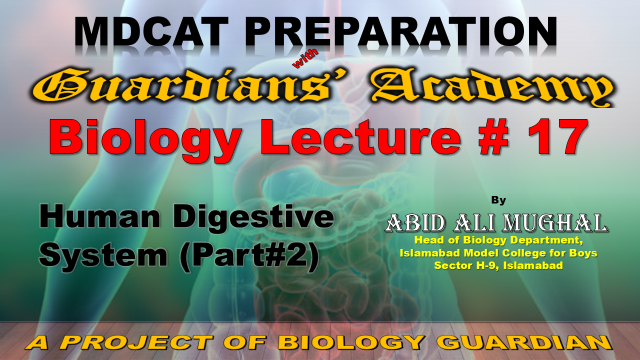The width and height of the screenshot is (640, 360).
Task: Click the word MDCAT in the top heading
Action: [151, 31]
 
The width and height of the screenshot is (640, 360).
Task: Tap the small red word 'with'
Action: [305, 59]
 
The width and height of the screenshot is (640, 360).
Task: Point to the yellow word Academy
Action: [493, 87]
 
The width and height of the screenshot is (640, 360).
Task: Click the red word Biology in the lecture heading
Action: [145, 138]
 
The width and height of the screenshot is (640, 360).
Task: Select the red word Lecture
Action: [361, 136]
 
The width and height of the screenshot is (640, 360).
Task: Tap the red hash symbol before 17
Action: [493, 137]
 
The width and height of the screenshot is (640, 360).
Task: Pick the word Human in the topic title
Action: [100, 216]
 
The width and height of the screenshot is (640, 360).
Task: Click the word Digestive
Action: [253, 216]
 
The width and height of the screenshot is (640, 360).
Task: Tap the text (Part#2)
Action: [249, 256]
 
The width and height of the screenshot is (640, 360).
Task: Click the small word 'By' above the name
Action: [498, 200]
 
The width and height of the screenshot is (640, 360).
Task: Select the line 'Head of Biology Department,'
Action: [498, 240]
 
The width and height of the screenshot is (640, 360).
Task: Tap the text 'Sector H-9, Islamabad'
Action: [498, 265]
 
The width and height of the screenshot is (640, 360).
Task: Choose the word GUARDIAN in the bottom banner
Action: [527, 342]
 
